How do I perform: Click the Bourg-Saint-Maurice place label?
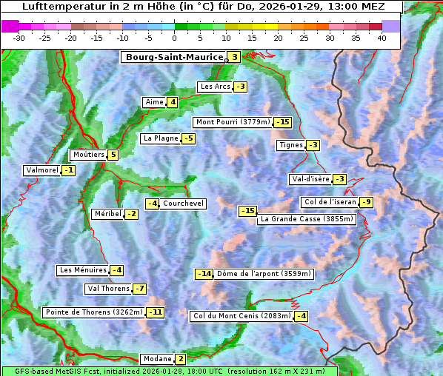(174, 57)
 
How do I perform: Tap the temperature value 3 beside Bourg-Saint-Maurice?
(234, 57)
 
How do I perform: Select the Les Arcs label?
(215, 87)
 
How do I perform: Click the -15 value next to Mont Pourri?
(282, 122)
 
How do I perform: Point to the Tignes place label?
(290, 145)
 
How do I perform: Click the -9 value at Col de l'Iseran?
(366, 202)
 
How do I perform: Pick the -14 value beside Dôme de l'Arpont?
(204, 274)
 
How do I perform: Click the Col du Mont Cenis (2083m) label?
(241, 316)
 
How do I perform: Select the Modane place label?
(156, 359)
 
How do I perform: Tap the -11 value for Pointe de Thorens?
(155, 312)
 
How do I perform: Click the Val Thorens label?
(108, 289)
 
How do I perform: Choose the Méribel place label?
(107, 214)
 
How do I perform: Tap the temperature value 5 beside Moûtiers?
(113, 155)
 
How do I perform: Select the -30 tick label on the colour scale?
(19, 38)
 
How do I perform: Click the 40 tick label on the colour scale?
(382, 38)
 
